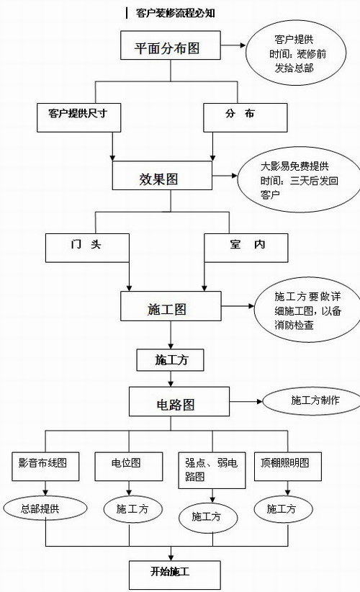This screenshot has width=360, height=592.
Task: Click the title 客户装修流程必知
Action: tap(176, 13)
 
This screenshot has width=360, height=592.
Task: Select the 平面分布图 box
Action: tap(171, 45)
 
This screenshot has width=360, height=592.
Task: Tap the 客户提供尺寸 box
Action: tap(79, 118)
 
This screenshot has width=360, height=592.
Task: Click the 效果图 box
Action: tap(162, 176)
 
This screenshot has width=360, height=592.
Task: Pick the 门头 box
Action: tap(88, 248)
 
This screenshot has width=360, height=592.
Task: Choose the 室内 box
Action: tap(246, 248)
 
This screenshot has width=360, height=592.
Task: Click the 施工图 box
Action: tap(171, 306)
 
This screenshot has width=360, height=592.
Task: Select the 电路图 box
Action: tap(179, 401)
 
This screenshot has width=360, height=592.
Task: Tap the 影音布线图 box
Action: tap(45, 467)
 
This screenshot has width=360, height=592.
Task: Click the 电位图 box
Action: tap(129, 467)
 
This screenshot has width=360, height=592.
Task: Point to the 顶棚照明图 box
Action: tap(288, 467)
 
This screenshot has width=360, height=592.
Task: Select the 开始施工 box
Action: tap(175, 575)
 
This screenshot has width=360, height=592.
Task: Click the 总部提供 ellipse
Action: tap(45, 508)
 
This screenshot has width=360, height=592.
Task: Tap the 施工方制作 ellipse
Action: tap(312, 401)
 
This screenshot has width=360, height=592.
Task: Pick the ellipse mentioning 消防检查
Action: tap(307, 310)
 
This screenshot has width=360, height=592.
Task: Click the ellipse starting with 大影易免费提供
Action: tap(299, 180)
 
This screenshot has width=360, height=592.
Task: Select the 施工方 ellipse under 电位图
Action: tap(132, 509)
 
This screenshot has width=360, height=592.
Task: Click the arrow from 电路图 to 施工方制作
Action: tap(246, 401)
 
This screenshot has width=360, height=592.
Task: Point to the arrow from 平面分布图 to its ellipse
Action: tap(233, 45)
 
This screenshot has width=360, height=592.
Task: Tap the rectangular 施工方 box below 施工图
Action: tap(170, 360)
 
